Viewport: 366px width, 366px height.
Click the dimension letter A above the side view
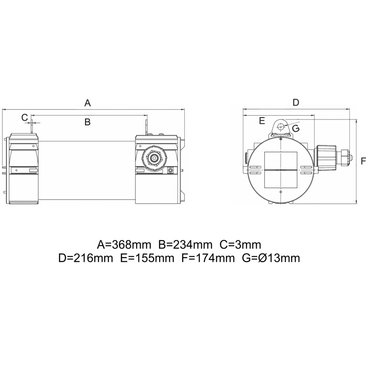[87, 103]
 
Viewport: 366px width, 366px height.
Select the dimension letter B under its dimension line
[87, 122]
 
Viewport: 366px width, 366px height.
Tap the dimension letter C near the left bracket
[25, 118]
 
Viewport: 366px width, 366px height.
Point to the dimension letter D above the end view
[296, 102]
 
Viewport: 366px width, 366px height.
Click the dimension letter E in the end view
[262, 121]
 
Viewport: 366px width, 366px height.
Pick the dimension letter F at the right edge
[363, 161]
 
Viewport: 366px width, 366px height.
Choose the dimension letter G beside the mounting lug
[296, 129]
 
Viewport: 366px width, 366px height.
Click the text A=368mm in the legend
[124, 245]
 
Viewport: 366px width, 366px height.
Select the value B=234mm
[186, 245]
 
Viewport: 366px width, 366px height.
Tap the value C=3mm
[241, 245]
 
